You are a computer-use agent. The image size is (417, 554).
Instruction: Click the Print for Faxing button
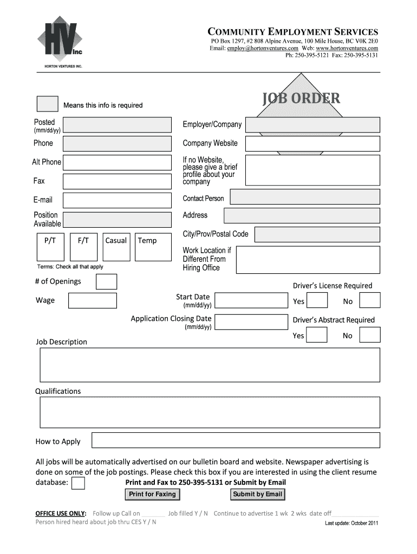(x=152, y=494)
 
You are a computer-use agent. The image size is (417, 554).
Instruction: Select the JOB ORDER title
(x=301, y=98)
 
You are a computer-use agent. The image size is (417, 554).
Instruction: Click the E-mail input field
(x=118, y=200)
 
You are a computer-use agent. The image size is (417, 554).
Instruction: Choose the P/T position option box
(x=50, y=247)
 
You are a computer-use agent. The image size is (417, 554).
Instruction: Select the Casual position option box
(x=116, y=247)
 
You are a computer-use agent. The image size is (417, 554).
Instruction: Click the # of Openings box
(x=106, y=282)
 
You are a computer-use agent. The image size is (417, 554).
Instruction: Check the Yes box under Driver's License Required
(x=317, y=301)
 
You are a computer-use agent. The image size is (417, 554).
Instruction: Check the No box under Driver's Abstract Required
(x=370, y=335)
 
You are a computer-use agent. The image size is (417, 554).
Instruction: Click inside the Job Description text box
(x=210, y=365)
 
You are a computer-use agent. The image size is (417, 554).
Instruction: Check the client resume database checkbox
(x=79, y=483)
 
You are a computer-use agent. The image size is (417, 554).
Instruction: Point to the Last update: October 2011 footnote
(x=351, y=523)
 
